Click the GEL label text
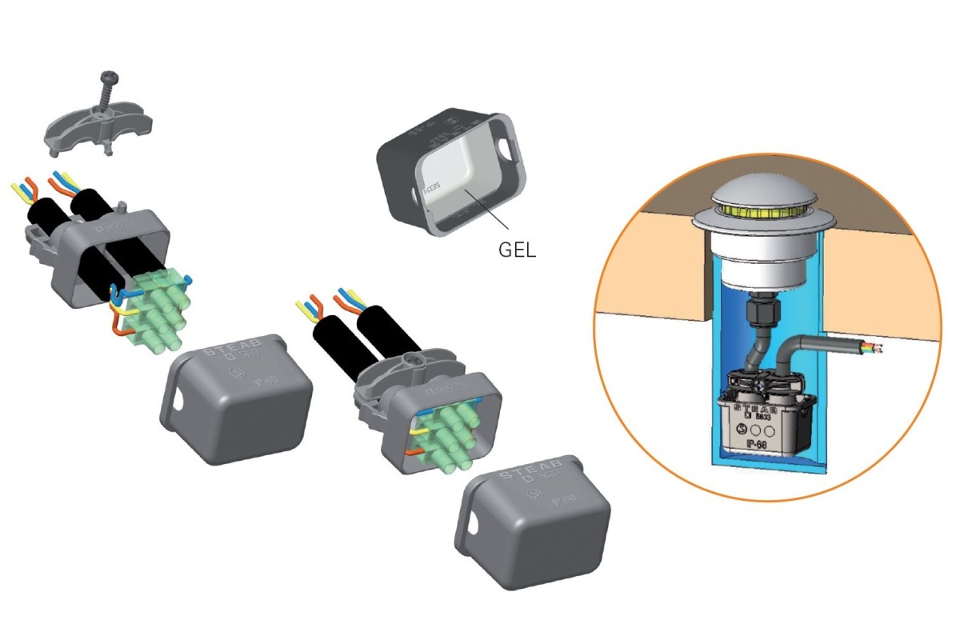(517, 249)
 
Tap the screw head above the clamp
(110, 79)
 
